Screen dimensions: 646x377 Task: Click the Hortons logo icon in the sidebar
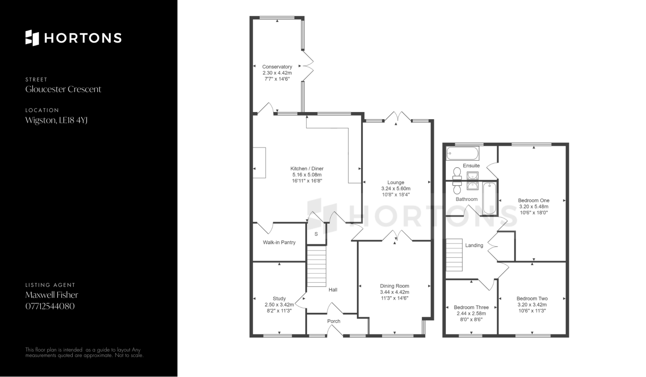(x=32, y=38)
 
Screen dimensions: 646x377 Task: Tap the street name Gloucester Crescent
(x=63, y=89)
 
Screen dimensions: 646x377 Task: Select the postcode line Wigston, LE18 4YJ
(x=57, y=120)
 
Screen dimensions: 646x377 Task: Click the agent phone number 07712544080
(x=50, y=306)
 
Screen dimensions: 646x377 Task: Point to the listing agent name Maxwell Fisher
(x=52, y=295)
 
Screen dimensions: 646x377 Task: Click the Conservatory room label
(x=277, y=67)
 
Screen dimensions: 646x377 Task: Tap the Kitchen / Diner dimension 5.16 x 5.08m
(x=307, y=175)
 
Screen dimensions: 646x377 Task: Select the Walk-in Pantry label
(x=279, y=242)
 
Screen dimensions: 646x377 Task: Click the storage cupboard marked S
(x=316, y=234)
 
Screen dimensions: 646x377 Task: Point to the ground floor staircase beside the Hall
(x=317, y=266)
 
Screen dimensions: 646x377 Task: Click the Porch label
(x=334, y=321)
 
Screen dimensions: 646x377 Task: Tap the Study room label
(x=279, y=299)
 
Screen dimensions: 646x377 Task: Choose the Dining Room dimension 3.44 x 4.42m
(x=395, y=292)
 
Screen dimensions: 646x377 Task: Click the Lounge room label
(x=396, y=182)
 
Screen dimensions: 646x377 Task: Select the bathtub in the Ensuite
(x=462, y=153)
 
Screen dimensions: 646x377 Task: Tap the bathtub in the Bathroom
(x=490, y=199)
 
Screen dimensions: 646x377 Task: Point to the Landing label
(x=474, y=245)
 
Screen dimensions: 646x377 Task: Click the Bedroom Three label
(x=471, y=307)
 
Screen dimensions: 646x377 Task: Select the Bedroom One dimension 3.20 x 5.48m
(x=534, y=207)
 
